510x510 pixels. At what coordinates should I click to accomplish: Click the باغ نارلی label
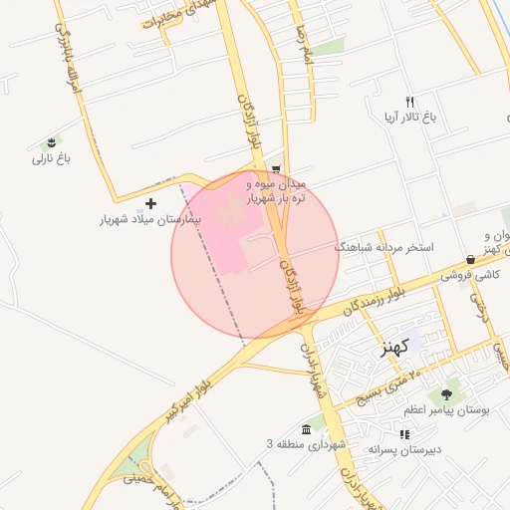coord(52,158)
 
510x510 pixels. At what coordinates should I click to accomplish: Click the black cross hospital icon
coord(150,203)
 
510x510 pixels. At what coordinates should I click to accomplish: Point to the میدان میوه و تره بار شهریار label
coord(277,191)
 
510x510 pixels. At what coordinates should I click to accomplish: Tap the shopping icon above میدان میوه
coord(276,169)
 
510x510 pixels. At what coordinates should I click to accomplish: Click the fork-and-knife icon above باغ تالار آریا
coord(409,102)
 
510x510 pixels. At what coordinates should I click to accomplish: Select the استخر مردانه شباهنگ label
coord(384,245)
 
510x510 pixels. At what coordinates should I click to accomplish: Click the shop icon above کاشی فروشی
coord(470,259)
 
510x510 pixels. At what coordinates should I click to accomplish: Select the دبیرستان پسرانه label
coord(403,449)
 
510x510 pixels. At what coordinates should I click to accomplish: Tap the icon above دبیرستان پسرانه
coord(403,434)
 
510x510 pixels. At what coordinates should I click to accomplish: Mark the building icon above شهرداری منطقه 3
coord(305,428)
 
